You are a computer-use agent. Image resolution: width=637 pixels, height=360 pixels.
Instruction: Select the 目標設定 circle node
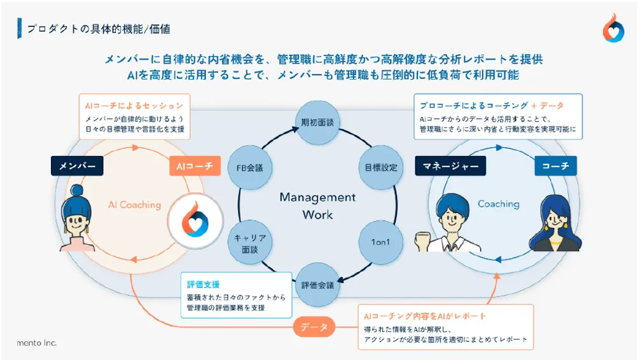(x=381, y=168)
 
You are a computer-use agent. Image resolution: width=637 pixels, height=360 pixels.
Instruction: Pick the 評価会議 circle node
(x=317, y=285)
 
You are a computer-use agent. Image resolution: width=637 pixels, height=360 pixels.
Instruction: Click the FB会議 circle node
(x=250, y=168)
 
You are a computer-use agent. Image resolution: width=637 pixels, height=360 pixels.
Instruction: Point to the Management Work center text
(x=317, y=206)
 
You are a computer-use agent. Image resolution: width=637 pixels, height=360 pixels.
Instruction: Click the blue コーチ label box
(x=555, y=166)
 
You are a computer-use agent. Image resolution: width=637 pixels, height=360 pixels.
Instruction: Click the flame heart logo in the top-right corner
(x=613, y=28)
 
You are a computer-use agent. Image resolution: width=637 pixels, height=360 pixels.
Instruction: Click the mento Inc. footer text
(x=36, y=343)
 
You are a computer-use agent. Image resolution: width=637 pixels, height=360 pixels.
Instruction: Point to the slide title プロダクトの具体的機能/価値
(x=98, y=29)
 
